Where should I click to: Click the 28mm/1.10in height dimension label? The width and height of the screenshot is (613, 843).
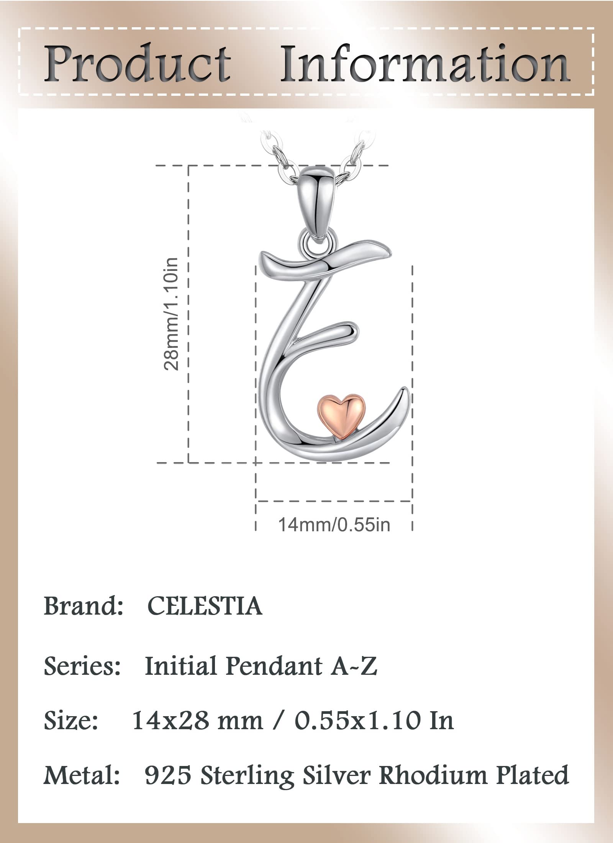point(171,313)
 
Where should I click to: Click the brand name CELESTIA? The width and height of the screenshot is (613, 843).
point(205,606)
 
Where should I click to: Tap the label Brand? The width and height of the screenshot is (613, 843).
point(83,606)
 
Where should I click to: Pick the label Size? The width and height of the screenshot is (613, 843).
point(71,720)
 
